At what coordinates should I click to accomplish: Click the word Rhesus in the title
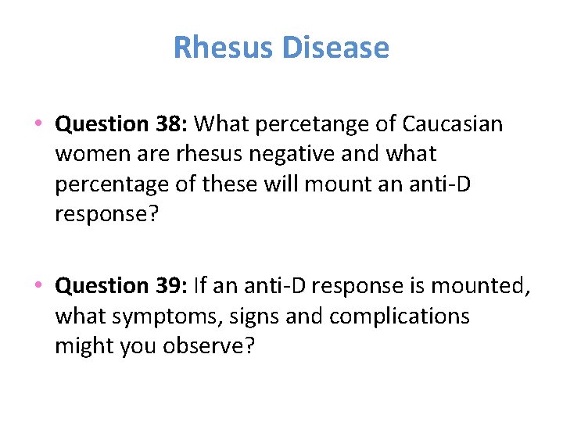(x=223, y=48)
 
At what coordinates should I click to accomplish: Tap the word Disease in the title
(x=335, y=48)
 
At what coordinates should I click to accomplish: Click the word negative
(x=289, y=153)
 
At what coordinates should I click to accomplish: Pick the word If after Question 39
(x=200, y=286)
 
